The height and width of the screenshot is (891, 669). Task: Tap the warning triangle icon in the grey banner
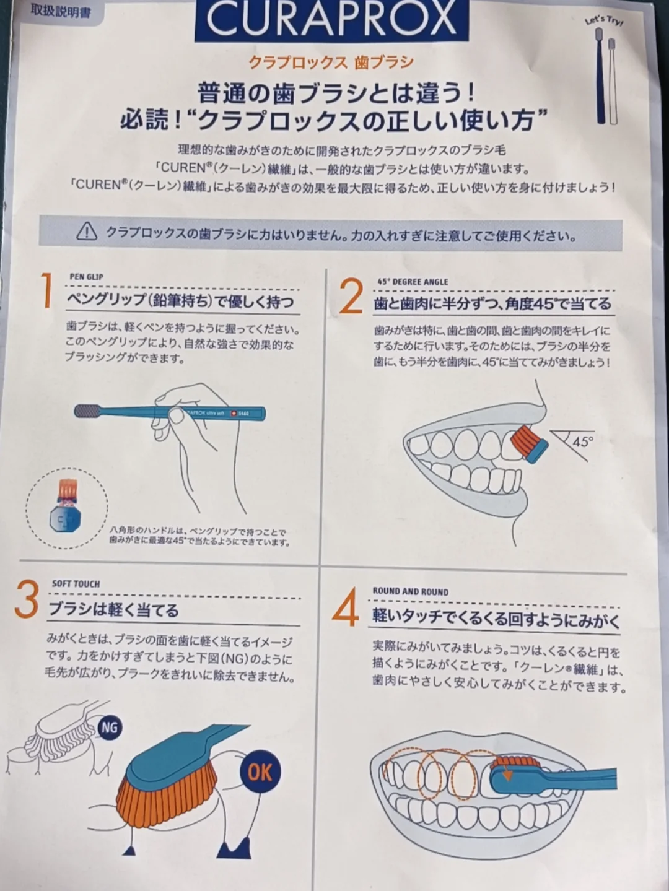87,232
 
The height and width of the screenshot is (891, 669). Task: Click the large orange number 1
47,290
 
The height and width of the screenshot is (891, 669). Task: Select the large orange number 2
351,297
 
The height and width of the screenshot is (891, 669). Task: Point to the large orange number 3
27,599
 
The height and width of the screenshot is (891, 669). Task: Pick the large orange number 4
346,607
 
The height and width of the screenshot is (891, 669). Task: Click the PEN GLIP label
87,277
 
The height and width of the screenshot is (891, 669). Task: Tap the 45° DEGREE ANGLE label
413,282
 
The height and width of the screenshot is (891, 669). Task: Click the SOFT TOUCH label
76,584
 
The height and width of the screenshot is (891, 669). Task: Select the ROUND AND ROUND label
411,591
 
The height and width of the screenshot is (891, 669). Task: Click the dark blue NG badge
110,728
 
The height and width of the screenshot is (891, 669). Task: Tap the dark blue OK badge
260,771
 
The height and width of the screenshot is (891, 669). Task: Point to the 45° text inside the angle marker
582,441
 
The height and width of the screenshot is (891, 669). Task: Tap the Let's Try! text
603,20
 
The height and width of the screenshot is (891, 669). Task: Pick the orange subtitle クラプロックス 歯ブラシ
331,63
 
